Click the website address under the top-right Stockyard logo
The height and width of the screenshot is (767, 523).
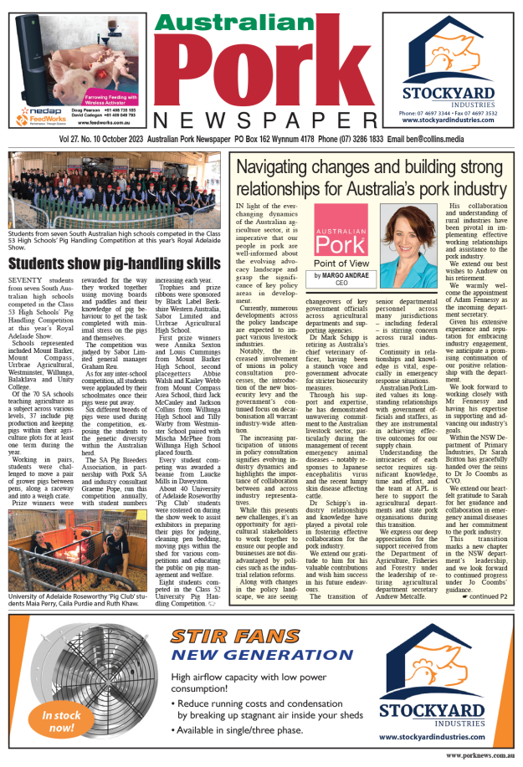[449, 120]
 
